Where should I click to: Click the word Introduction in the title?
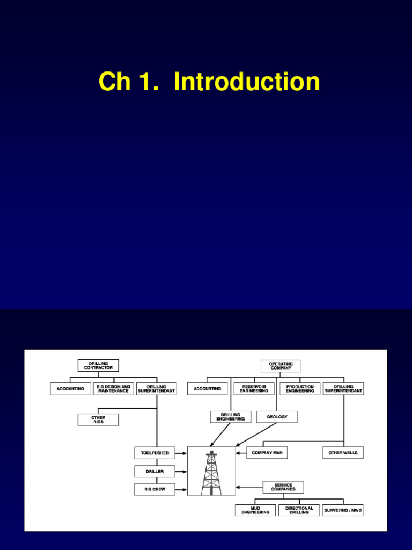(x=247, y=82)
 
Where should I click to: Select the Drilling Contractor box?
(x=98, y=366)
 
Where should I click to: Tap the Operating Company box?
(x=281, y=366)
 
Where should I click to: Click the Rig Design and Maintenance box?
(x=113, y=388)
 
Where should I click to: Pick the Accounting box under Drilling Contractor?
(x=70, y=388)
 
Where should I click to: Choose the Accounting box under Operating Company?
(x=207, y=388)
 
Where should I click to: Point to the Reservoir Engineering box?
(x=254, y=388)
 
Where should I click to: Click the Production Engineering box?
(x=300, y=388)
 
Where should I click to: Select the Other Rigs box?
(x=98, y=419)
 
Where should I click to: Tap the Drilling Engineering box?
(x=230, y=417)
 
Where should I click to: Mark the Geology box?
(x=277, y=417)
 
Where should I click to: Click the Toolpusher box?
(x=154, y=453)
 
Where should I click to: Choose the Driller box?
(x=154, y=471)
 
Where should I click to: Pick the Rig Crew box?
(x=154, y=489)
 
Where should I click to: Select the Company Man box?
(x=267, y=453)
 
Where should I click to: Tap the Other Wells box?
(x=343, y=453)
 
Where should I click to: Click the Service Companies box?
(x=283, y=487)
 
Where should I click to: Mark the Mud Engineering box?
(x=255, y=510)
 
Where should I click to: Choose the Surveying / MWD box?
(x=343, y=510)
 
